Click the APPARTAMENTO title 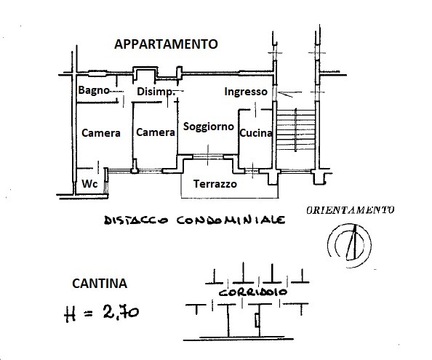(x=166, y=44)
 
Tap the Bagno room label (x=94, y=90)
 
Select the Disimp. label (x=156, y=92)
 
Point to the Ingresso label (x=246, y=92)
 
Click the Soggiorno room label (x=209, y=127)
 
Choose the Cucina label (x=256, y=133)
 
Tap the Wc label (x=89, y=184)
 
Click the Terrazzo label (x=215, y=184)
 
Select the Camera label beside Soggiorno (x=156, y=132)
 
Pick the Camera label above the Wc (x=101, y=133)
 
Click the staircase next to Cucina (x=296, y=129)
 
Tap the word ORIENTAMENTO (x=350, y=210)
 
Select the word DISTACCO (x=136, y=220)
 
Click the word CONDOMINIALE (x=231, y=220)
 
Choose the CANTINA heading (x=100, y=284)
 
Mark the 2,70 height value (x=121, y=313)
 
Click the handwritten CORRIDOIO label (x=252, y=292)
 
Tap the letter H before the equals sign (x=70, y=314)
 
